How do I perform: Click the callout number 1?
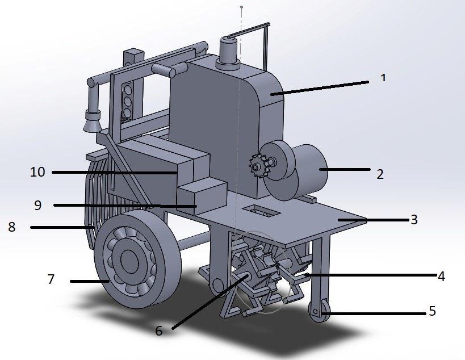[383, 78]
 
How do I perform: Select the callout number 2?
[380, 174]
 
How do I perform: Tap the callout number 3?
[414, 219]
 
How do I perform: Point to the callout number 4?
[441, 276]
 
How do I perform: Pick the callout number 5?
[433, 311]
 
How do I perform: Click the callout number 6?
[159, 330]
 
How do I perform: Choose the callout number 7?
[51, 279]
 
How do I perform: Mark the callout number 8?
[11, 227]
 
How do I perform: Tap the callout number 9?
[37, 205]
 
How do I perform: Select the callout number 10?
[37, 172]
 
